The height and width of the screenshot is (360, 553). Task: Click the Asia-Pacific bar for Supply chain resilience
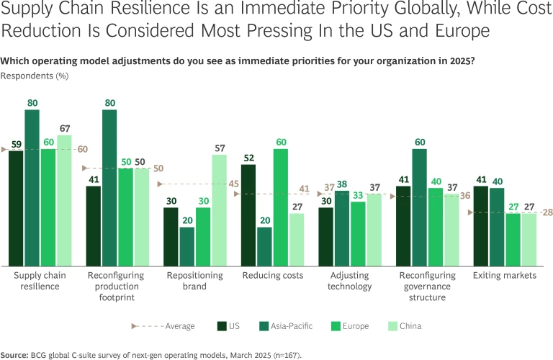click(32, 187)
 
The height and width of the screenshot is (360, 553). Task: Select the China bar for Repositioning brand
click(219, 210)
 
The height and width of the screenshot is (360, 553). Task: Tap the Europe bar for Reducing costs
click(280, 207)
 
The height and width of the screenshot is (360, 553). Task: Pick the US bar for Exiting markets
click(481, 225)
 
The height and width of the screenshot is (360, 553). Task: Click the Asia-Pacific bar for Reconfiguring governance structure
click(419, 207)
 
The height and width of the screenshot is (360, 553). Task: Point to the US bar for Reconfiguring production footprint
click(94, 225)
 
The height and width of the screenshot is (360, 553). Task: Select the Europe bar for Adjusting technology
click(358, 233)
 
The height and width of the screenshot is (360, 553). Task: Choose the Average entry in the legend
click(164, 326)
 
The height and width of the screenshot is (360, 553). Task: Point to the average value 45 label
click(234, 184)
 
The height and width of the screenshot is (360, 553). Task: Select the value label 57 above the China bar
click(219, 148)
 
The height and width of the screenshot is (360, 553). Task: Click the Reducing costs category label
click(263, 276)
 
